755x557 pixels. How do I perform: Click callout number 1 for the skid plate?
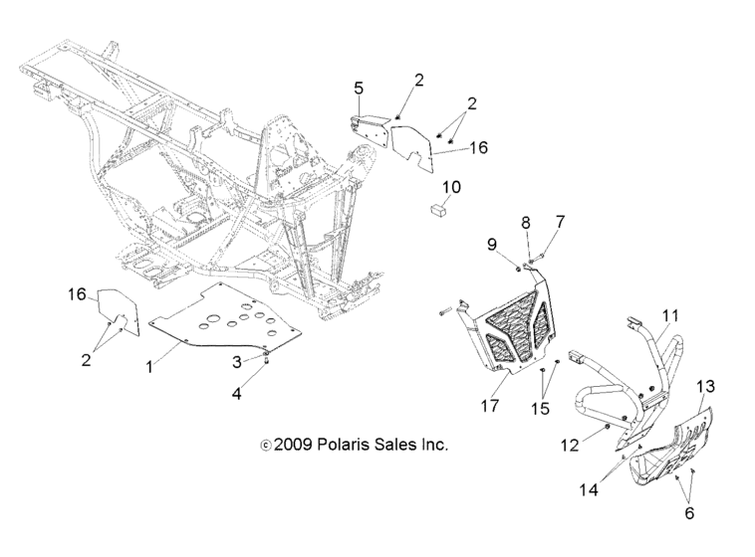[x=149, y=367]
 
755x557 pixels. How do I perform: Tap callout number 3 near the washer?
[x=237, y=360]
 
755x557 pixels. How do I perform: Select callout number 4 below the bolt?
[x=236, y=393]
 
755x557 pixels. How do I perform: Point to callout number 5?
[x=359, y=89]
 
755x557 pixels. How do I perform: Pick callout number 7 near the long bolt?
[x=560, y=220]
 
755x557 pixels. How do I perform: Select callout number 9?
[x=491, y=244]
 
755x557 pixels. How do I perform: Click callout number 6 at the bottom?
[x=688, y=513]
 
